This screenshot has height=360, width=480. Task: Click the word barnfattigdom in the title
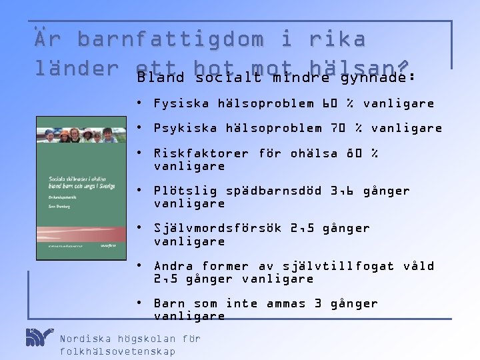[171, 40]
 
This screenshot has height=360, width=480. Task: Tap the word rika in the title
[337, 40]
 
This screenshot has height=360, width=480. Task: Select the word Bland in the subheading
[161, 77]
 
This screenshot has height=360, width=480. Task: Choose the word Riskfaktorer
[201, 153]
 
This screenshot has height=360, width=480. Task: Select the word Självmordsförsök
[217, 228]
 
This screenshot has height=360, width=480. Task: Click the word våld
[418, 266]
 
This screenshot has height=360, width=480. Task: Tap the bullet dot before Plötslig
[137, 190]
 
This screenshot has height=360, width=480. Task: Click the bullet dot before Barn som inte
[137, 303]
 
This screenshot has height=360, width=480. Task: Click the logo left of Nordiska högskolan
[39, 337]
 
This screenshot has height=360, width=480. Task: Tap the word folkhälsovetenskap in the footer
[117, 351]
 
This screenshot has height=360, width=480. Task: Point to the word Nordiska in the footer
[85, 339]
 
